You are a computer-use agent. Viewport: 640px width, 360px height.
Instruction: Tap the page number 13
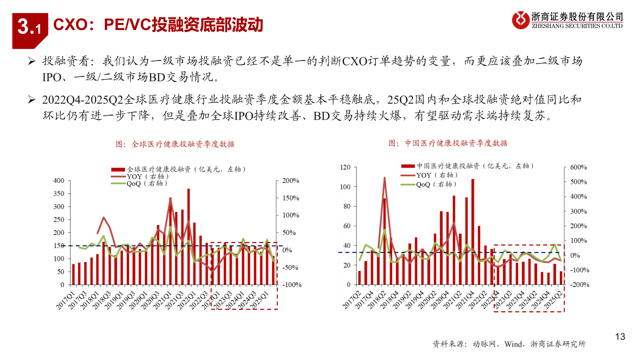point(620,337)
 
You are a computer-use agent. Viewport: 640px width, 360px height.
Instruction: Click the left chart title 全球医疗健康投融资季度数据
point(175,144)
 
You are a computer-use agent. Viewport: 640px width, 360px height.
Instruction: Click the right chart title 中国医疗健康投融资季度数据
point(448,143)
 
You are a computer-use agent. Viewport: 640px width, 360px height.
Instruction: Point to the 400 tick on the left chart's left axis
point(59,181)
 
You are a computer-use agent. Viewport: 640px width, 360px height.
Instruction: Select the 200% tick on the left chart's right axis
point(291,181)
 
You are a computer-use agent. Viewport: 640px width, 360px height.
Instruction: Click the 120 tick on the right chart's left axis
point(345,167)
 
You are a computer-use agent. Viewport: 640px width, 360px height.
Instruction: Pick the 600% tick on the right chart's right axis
point(579,167)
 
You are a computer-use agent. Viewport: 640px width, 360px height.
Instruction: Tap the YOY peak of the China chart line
point(385,178)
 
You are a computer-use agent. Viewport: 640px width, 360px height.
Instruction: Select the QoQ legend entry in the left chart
point(139,184)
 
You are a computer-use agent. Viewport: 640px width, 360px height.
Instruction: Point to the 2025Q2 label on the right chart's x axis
point(553,299)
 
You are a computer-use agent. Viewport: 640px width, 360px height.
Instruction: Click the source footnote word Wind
point(513,344)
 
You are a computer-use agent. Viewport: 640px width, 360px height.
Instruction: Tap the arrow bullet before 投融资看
point(32,61)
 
